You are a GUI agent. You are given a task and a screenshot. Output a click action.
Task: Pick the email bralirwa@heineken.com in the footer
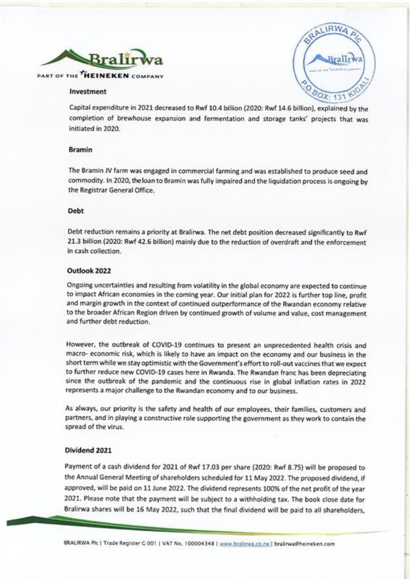[305, 544]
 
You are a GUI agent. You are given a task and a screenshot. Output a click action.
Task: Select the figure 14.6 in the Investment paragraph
[270, 107]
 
